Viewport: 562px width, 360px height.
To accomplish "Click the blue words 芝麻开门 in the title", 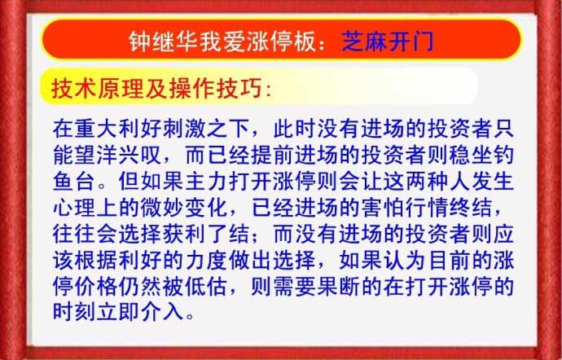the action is [388, 42].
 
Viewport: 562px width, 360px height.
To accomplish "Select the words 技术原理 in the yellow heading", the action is [98, 88].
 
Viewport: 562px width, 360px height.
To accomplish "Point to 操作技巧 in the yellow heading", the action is [215, 88].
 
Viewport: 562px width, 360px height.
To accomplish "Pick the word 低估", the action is [207, 286].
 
